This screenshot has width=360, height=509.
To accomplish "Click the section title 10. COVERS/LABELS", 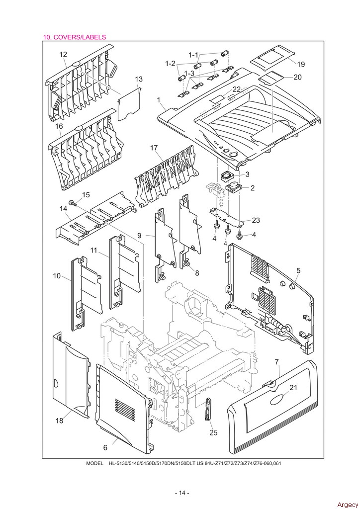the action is (x=75, y=37).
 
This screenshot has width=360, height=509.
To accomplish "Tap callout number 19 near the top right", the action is (x=301, y=64).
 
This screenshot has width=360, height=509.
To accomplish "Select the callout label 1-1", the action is (x=193, y=55).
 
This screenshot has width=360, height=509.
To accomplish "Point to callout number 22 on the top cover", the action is (x=236, y=89).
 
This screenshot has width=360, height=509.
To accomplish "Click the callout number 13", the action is (x=139, y=79).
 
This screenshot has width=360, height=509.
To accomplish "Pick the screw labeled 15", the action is (x=73, y=204).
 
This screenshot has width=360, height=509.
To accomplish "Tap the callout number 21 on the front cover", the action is (x=293, y=387).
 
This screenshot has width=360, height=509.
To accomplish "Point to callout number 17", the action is (x=154, y=148).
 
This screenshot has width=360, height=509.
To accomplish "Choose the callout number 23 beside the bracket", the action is (x=256, y=220).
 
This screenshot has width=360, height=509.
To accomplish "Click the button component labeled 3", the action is (x=227, y=177).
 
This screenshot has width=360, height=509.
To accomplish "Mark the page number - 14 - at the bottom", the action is (x=182, y=493).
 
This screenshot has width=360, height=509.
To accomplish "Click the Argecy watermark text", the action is (x=348, y=505).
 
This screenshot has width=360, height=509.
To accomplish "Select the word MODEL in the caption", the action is (x=95, y=463).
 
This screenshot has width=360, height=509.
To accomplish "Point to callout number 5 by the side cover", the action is (x=298, y=270).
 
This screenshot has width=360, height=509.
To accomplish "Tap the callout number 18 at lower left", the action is (x=59, y=421).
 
